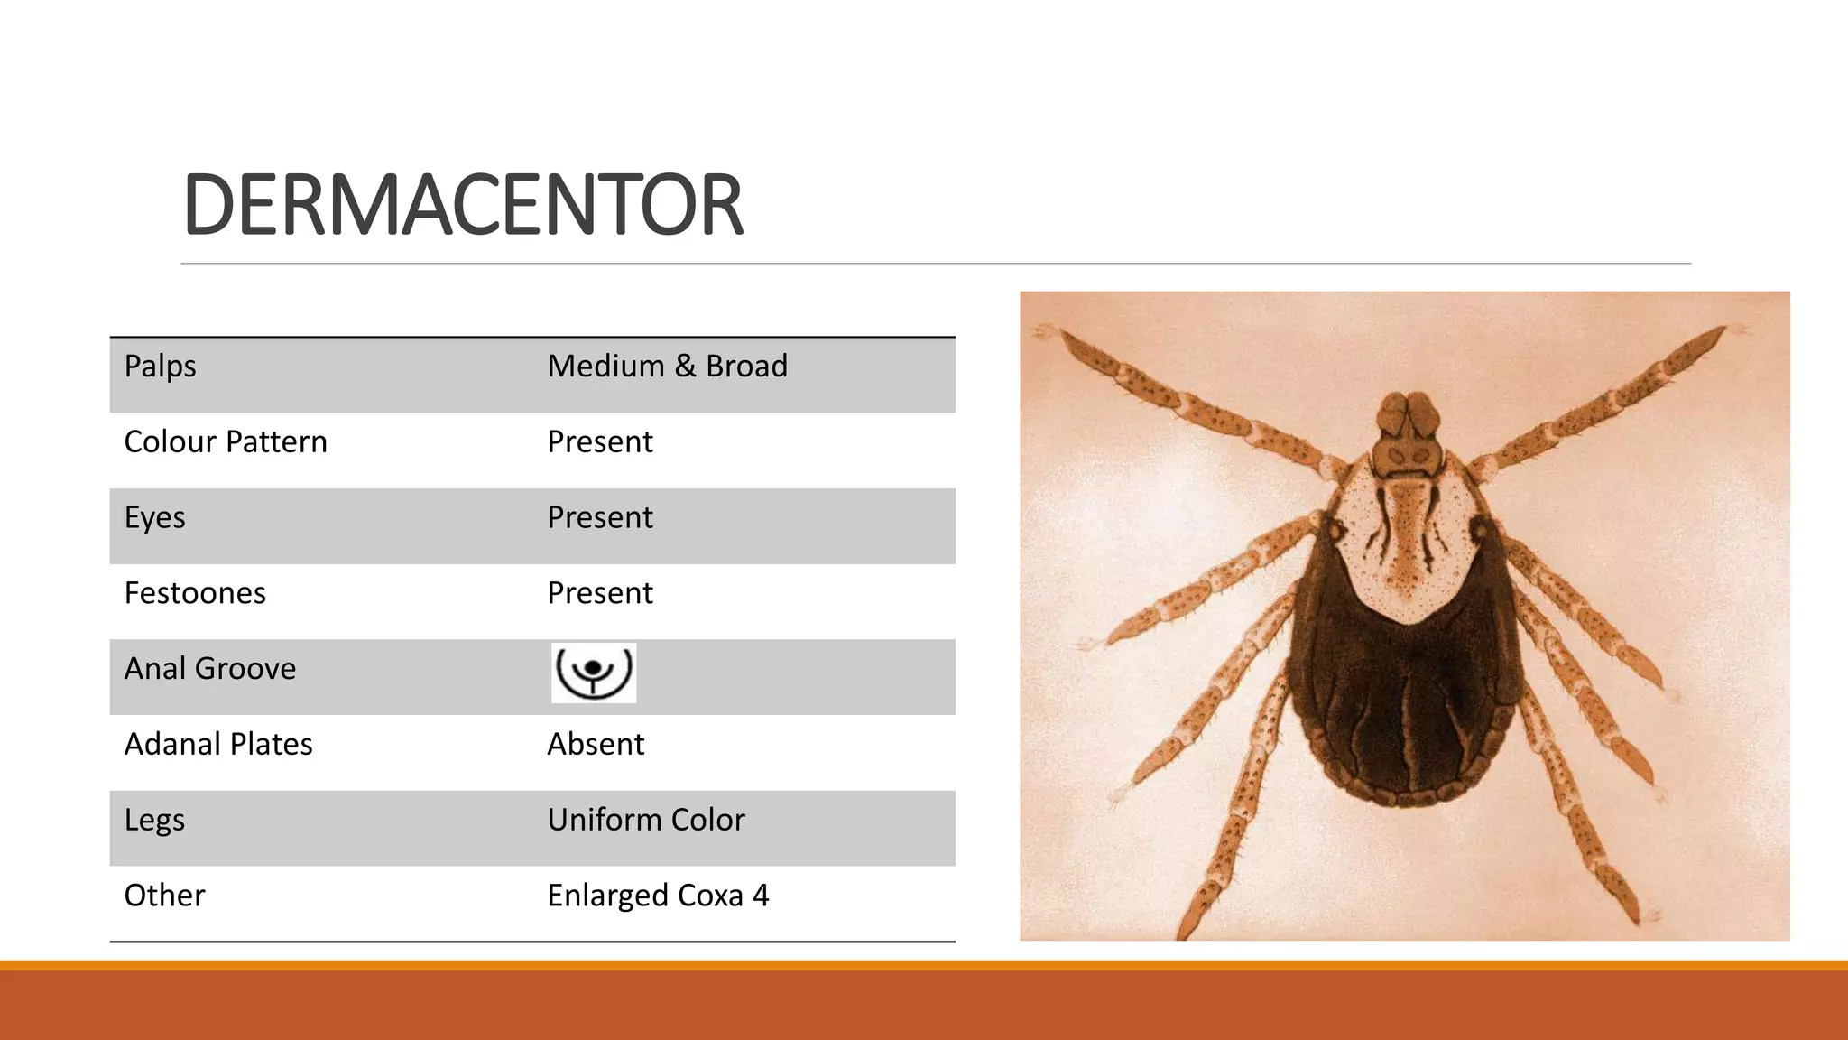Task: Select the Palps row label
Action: click(x=160, y=367)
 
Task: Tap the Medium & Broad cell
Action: click(x=667, y=367)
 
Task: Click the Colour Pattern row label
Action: click(x=226, y=442)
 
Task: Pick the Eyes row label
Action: click(x=154, y=518)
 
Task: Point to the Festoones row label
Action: click(x=195, y=593)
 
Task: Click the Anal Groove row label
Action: click(x=210, y=669)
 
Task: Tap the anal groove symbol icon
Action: click(x=594, y=673)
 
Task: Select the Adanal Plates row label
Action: click(x=218, y=745)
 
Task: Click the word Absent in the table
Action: click(x=596, y=745)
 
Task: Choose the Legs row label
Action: click(x=154, y=821)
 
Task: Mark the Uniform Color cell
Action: click(x=646, y=820)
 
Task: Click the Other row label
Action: click(x=164, y=896)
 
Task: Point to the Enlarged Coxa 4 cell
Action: click(x=658, y=896)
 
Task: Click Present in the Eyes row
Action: click(x=600, y=518)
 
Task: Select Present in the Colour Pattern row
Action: click(x=600, y=442)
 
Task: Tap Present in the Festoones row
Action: click(x=600, y=593)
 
